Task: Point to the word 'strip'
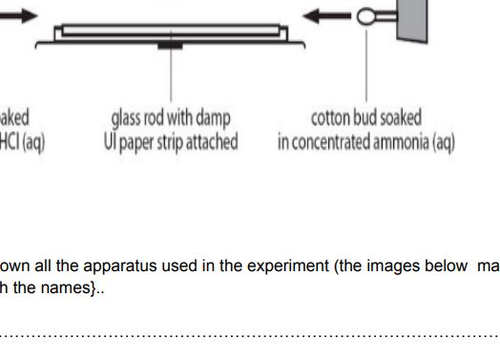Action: click(x=172, y=142)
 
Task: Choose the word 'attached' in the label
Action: click(x=214, y=142)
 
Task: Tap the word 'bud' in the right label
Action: click(x=371, y=118)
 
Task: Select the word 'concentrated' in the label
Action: click(x=337, y=142)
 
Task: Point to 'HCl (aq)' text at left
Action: click(x=22, y=142)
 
